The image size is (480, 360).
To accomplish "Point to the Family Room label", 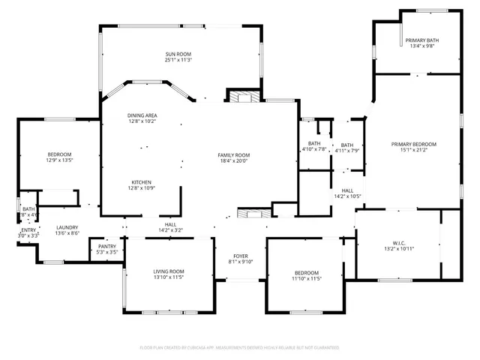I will pos(234,154).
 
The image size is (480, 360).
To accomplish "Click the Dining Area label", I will pos(142,115).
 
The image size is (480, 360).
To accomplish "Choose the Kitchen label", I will pos(142,182).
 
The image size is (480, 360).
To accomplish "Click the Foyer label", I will pos(241,256).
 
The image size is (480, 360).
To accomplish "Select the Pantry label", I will pos(107,246).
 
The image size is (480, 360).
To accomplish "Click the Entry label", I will pos(28,230).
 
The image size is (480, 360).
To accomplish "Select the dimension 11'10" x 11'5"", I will pos(306,278).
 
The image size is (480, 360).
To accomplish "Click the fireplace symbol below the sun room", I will pos(241,97).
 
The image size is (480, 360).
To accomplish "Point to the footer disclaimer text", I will pos(240,348).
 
